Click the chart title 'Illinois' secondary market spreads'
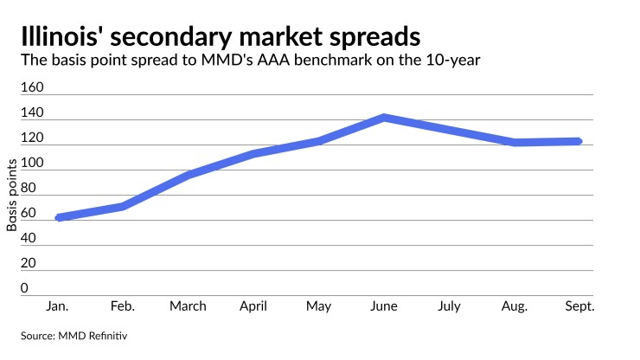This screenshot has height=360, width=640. (x=221, y=36)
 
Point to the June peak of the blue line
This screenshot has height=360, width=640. (x=384, y=118)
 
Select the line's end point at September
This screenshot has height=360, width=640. (x=579, y=141)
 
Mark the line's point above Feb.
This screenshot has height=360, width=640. (x=123, y=206)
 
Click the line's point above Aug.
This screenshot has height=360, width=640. (x=515, y=142)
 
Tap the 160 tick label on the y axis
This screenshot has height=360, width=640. (x=32, y=87)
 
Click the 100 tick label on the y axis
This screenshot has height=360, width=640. (x=32, y=163)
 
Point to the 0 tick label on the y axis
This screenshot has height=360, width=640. (x=24, y=288)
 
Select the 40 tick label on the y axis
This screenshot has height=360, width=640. (x=29, y=238)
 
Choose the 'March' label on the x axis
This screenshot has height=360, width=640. (x=188, y=306)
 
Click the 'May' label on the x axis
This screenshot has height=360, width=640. (x=319, y=306)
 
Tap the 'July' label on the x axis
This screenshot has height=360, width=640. (x=449, y=306)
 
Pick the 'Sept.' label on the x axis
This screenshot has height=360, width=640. (x=579, y=306)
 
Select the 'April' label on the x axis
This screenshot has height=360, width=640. (x=253, y=306)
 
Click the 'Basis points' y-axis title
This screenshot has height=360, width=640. (x=12, y=195)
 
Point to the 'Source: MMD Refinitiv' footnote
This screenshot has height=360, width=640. (x=74, y=336)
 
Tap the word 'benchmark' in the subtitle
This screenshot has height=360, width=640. (x=334, y=60)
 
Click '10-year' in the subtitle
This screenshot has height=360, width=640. (x=453, y=60)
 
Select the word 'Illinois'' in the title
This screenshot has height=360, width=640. (x=62, y=36)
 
